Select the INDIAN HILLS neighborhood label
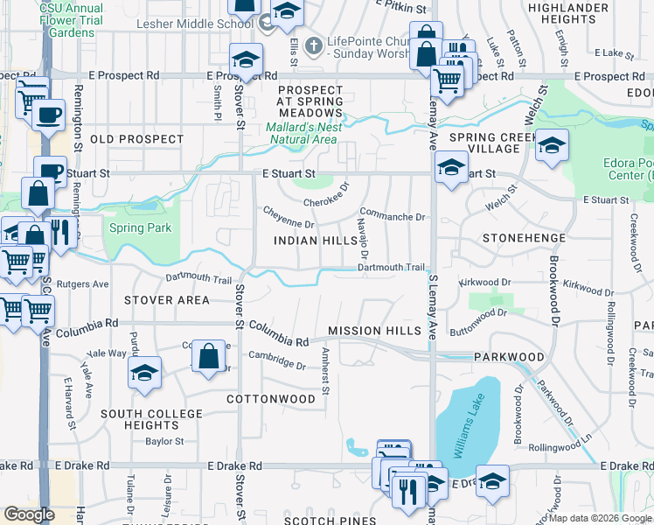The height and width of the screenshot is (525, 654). click(x=310, y=241)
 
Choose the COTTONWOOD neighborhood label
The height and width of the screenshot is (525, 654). click(x=270, y=399)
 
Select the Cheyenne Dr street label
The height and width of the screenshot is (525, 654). click(x=284, y=218)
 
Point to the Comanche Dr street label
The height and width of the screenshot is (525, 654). click(x=393, y=216)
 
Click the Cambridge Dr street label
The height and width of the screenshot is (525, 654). click(x=276, y=360)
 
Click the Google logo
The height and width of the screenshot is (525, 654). click(x=30, y=514)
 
